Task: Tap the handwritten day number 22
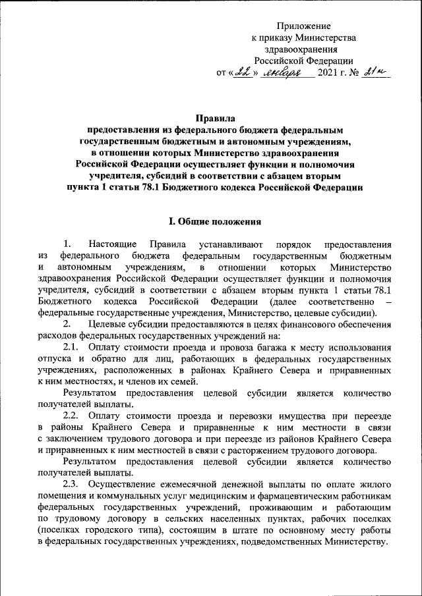click(245, 71)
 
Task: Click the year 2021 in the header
click(330, 72)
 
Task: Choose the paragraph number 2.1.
click(71, 347)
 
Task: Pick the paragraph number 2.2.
click(71, 416)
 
